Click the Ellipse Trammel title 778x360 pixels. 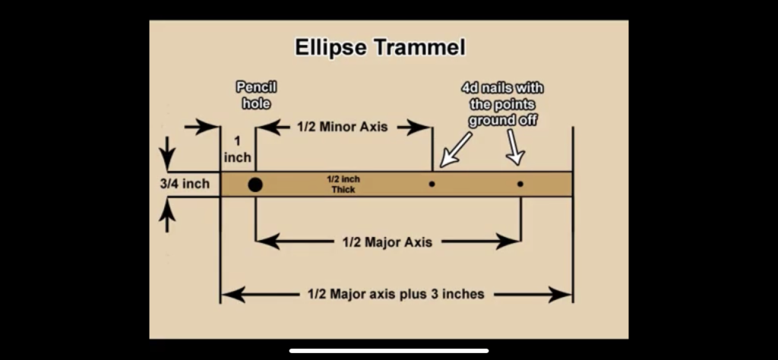[x=380, y=48]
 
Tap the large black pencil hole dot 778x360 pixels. [x=255, y=185]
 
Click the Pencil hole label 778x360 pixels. [x=256, y=95]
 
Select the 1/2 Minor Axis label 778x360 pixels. [x=343, y=127]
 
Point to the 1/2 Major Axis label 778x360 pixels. [x=387, y=242]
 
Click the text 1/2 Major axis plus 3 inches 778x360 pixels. [x=396, y=294]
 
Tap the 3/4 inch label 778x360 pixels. [x=185, y=184]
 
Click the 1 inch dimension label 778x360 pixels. [x=237, y=150]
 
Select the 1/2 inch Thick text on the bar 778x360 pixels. [x=343, y=184]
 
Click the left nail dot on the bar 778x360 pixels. [x=432, y=184]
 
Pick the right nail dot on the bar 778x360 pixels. [x=520, y=184]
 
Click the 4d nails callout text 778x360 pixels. [x=502, y=104]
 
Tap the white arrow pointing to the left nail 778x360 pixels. [x=456, y=149]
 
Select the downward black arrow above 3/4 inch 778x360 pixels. [x=167, y=153]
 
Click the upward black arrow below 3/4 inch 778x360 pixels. [x=167, y=215]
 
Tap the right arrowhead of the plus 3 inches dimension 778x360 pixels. [x=561, y=295]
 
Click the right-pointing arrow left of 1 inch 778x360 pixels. [x=201, y=128]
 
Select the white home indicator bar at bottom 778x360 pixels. [x=389, y=351]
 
